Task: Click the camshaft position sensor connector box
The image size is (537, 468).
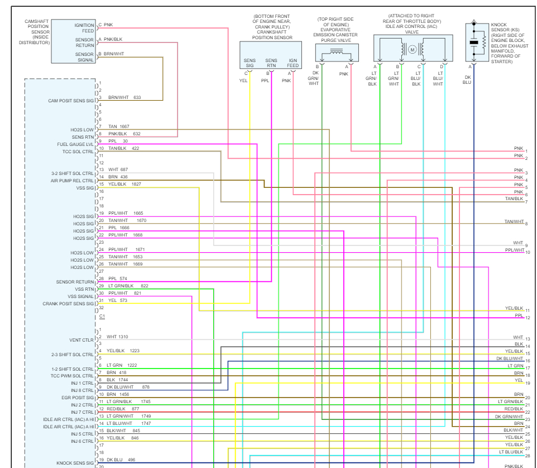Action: click(x=74, y=41)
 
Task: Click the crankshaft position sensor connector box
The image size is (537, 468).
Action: click(x=271, y=55)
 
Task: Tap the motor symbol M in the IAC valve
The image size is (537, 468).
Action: click(x=413, y=50)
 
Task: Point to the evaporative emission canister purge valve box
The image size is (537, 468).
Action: click(x=337, y=53)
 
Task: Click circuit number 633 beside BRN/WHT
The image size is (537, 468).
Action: click(x=137, y=97)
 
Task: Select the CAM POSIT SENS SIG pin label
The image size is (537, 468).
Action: click(x=71, y=101)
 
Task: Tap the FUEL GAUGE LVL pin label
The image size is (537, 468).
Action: click(x=75, y=144)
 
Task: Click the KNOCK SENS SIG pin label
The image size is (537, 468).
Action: click(x=75, y=463)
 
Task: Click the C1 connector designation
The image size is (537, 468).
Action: click(x=102, y=316)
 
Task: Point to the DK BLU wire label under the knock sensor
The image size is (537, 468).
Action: click(x=467, y=79)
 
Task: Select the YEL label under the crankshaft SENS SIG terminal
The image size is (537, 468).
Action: click(x=243, y=81)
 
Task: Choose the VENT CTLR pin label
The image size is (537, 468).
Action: click(x=81, y=340)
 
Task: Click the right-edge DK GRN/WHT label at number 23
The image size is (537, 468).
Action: click(x=509, y=417)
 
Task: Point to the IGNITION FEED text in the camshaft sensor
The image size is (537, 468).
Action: click(x=84, y=28)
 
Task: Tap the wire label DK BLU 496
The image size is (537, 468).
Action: click(x=121, y=460)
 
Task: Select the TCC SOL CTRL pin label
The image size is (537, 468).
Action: click(x=78, y=152)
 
